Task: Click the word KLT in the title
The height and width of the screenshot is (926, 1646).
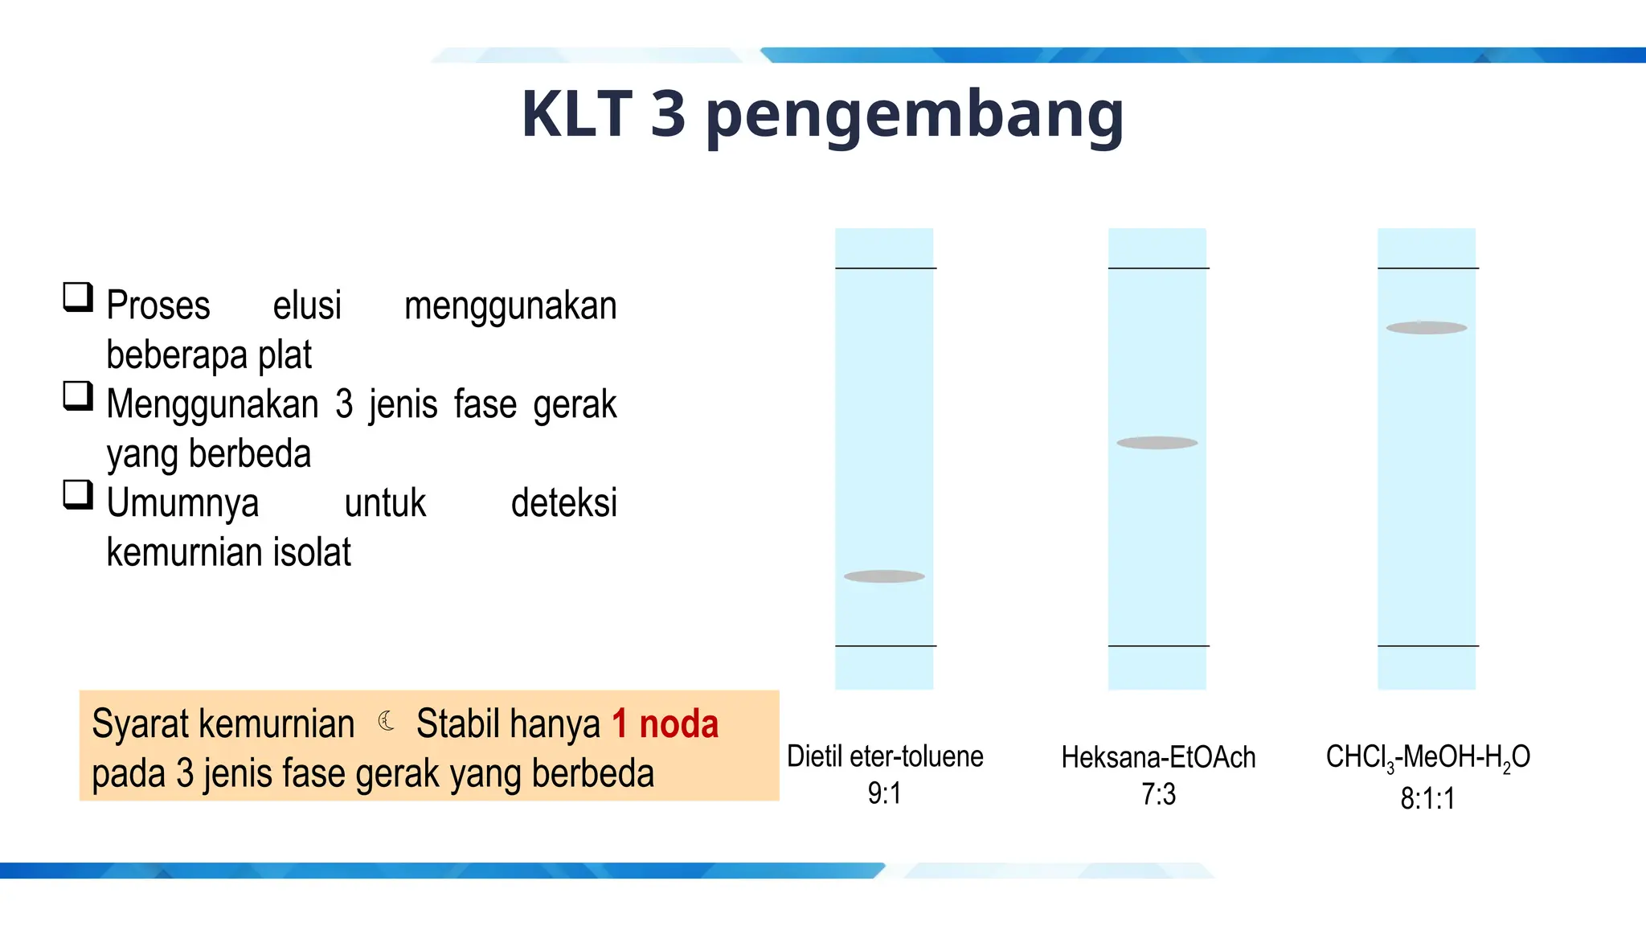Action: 576,113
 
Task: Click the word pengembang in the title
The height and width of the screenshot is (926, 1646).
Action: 914,117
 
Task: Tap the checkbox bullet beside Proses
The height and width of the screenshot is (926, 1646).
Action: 78,297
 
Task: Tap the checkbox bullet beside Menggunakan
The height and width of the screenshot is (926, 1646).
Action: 78,396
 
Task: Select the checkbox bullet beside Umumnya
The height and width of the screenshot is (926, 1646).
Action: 78,495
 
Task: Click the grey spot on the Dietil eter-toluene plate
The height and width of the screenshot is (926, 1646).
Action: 884,576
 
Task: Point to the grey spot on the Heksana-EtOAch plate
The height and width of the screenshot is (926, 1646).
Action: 1157,443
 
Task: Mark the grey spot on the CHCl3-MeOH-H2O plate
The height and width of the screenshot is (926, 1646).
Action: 1426,328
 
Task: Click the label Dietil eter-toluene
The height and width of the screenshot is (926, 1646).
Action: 884,756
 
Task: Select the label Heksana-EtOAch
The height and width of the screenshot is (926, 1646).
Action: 1157,757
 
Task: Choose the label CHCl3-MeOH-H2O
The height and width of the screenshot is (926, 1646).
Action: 1427,757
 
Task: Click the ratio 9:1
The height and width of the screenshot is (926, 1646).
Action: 884,793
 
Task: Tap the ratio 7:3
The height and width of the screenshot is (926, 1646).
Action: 1158,794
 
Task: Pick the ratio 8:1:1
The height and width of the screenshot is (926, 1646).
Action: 1427,798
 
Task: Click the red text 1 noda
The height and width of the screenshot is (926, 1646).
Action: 665,723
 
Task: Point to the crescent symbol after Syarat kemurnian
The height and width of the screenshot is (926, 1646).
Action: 386,721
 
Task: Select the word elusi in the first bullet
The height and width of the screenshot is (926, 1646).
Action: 307,306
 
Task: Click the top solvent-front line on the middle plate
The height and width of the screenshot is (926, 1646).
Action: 1157,268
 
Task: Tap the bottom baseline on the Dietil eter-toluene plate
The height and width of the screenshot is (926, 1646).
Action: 885,645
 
